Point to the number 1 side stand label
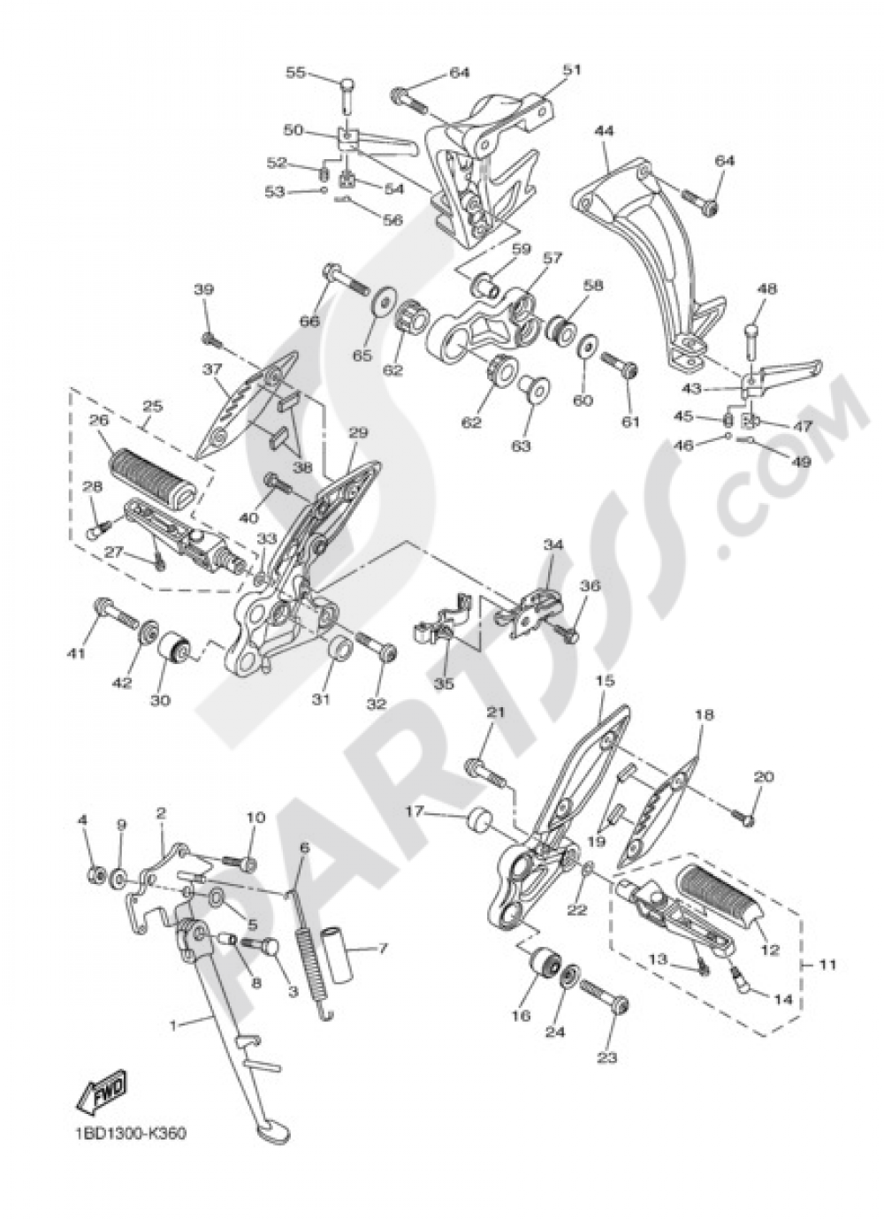tap(173, 1026)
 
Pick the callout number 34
tap(552, 545)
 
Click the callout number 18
tap(704, 713)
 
